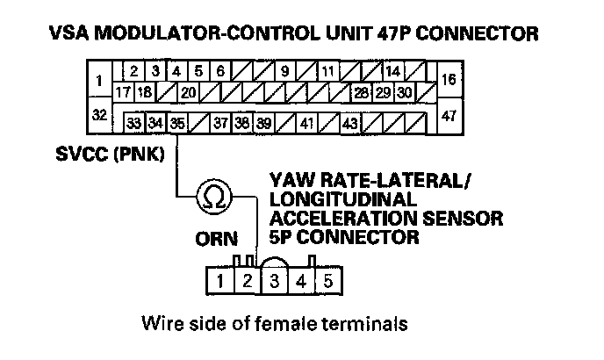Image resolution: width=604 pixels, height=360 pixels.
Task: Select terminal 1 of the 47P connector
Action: [99, 82]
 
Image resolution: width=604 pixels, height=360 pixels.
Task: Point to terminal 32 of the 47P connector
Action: [101, 115]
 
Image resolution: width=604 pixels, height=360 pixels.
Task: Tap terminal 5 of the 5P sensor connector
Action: [328, 283]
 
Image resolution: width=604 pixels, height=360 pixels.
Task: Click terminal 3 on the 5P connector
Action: [274, 283]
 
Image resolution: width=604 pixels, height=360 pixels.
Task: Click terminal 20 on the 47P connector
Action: [188, 91]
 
